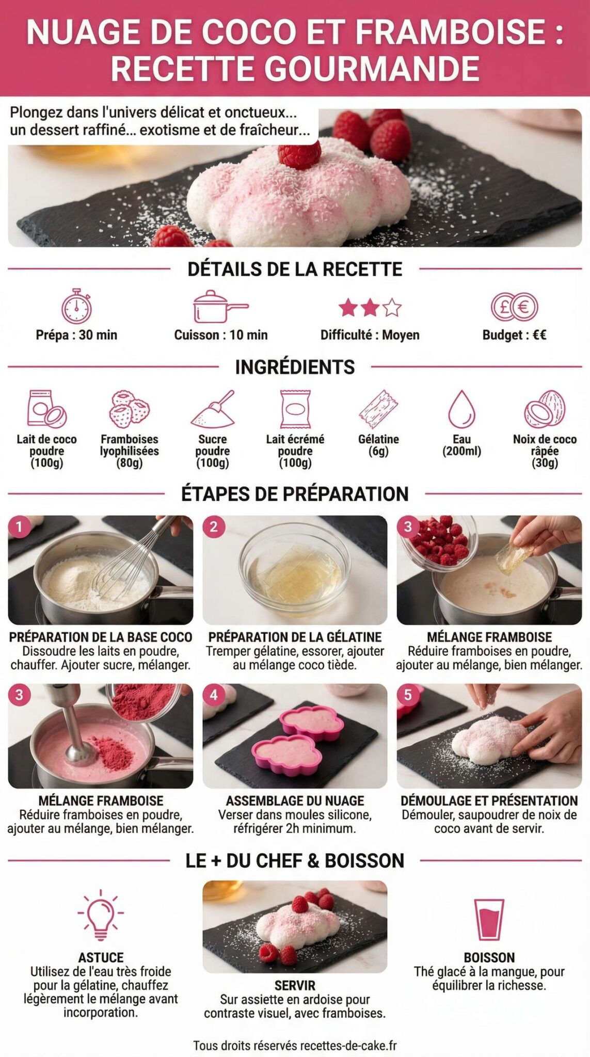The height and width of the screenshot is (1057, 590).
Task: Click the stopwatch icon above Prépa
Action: click(76, 307)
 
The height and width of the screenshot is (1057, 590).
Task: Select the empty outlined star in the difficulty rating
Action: click(392, 308)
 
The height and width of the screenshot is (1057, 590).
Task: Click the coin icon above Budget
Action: click(514, 307)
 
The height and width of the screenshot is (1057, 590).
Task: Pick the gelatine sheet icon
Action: click(378, 409)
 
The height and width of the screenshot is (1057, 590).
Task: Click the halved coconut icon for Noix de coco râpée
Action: click(545, 409)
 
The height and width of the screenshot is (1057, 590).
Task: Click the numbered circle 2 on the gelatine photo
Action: click(214, 527)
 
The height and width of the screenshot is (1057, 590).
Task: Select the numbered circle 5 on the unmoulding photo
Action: click(408, 695)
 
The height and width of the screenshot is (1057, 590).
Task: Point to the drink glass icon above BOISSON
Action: click(489, 919)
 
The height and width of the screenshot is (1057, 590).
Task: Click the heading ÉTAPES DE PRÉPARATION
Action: click(295, 494)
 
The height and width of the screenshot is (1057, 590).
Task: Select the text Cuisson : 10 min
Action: click(221, 335)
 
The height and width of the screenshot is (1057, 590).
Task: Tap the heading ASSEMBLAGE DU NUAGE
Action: click(295, 800)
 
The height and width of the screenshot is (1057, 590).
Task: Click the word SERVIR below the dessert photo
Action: click(295, 985)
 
